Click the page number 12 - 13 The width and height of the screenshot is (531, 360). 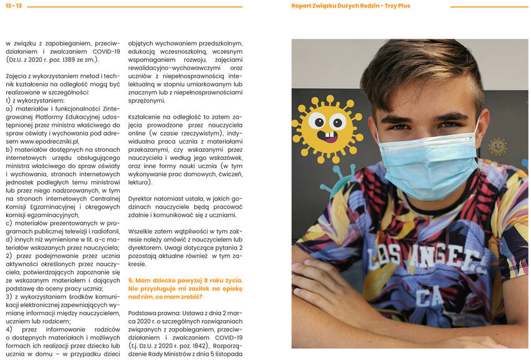click(x=13, y=6)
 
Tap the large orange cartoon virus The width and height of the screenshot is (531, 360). click(x=327, y=128)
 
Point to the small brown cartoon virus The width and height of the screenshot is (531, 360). click(x=497, y=146)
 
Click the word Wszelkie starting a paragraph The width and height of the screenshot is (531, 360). click(x=141, y=231)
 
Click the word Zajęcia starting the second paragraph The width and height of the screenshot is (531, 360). click(x=17, y=76)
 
